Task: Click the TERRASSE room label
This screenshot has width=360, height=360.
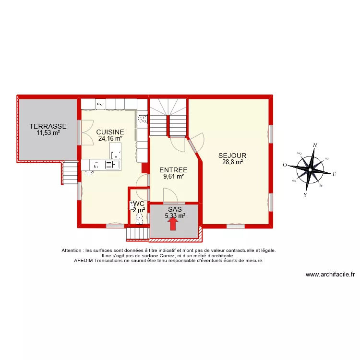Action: [48, 126]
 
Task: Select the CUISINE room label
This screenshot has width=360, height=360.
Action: [110, 132]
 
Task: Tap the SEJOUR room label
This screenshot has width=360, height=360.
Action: [232, 156]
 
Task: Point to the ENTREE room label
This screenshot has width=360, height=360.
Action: [173, 170]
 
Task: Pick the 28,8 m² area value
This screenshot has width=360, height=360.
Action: [232, 162]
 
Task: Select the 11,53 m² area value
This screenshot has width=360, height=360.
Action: [48, 132]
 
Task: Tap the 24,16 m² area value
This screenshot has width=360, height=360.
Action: [110, 139]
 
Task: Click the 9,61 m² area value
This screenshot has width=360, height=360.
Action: [173, 176]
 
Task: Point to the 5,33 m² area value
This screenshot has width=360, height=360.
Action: [175, 216]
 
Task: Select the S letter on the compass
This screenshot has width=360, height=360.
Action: [305, 195]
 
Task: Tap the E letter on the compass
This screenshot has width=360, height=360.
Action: [334, 174]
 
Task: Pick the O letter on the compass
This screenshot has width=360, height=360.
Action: [285, 165]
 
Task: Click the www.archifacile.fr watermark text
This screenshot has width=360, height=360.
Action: [330, 275]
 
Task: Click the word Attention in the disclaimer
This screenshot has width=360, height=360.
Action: [72, 251]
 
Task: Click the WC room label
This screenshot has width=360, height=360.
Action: [139, 204]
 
